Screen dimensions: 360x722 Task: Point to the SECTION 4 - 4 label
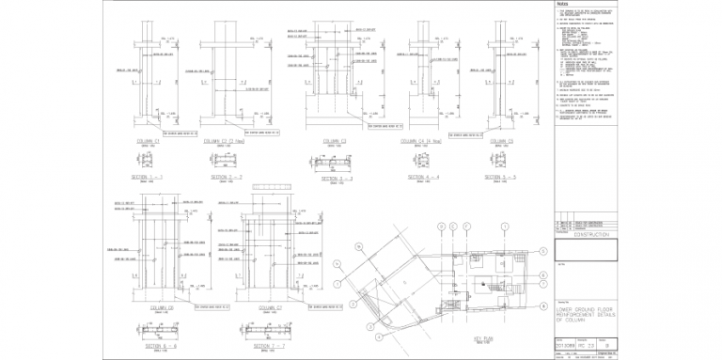[422, 177]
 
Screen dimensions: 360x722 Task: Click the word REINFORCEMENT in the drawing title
[587, 315]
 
